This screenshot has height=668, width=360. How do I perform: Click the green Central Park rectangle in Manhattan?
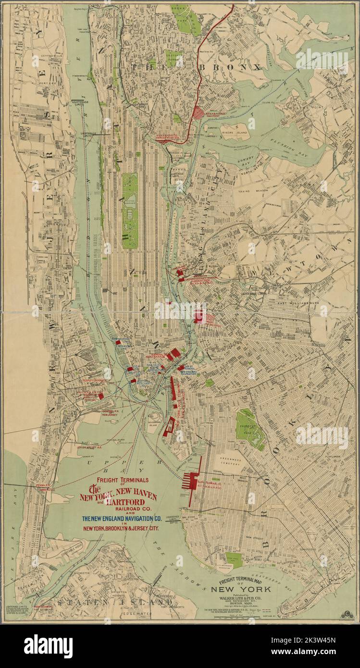click(x=129, y=198)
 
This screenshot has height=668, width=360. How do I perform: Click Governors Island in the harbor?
click(x=159, y=417)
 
